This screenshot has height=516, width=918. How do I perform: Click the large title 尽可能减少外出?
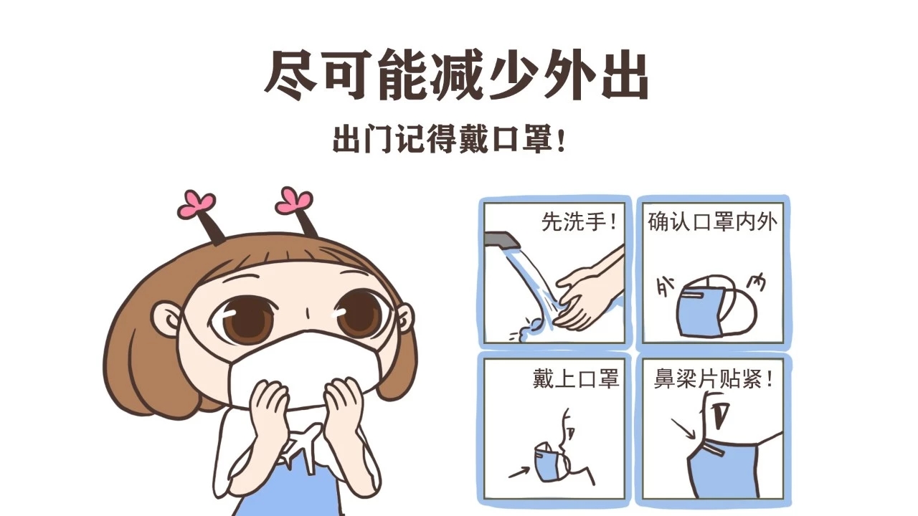456,76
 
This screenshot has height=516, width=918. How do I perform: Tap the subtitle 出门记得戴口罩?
449,139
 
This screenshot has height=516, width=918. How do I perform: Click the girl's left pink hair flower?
197,204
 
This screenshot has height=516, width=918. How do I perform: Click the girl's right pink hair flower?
293,200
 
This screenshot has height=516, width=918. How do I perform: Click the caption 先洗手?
579,222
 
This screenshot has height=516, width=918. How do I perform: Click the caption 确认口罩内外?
713,222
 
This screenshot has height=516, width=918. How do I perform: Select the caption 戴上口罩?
576,379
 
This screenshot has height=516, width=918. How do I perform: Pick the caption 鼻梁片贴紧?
714,379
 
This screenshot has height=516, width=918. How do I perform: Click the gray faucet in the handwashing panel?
502,240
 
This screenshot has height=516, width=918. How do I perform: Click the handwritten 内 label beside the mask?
756,283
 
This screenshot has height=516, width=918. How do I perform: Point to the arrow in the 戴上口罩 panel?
521,472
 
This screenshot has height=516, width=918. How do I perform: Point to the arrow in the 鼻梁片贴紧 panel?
683,429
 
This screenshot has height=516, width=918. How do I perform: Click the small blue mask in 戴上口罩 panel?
549,461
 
